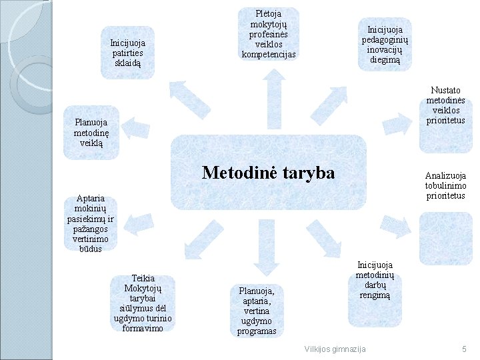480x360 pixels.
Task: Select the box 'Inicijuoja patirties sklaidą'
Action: point(128,52)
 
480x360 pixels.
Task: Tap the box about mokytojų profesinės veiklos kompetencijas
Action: point(269,33)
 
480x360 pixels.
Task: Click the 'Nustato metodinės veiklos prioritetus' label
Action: point(445,105)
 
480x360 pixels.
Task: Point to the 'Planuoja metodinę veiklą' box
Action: point(91,133)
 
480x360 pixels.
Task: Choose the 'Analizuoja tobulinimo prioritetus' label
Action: point(445,186)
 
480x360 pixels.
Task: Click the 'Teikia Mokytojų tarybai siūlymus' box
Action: point(143,303)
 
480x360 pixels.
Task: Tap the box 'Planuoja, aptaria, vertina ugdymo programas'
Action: point(257,311)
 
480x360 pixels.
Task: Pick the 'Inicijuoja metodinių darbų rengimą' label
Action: point(375,279)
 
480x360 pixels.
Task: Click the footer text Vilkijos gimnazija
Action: point(335,349)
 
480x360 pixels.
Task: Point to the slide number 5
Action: point(463,349)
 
